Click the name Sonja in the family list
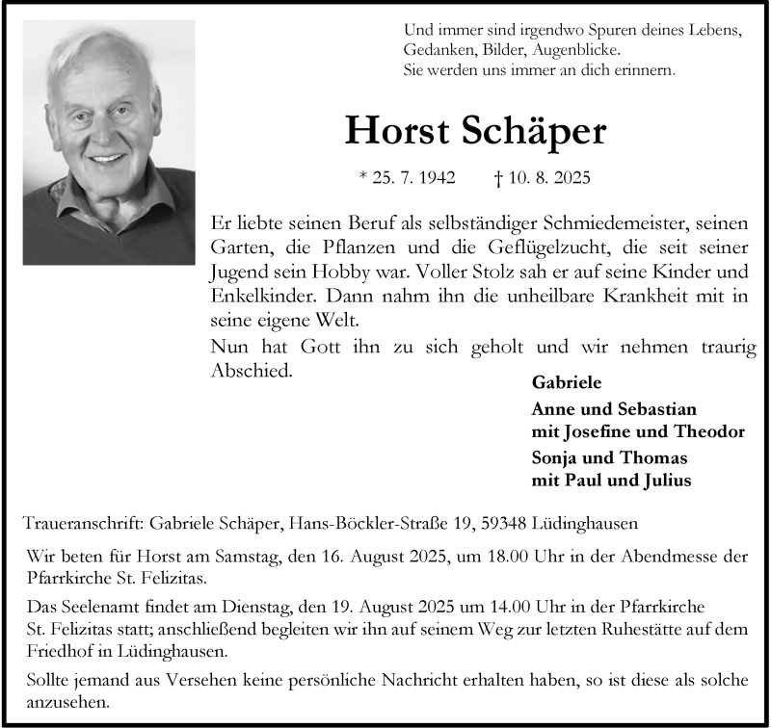coord(555,456)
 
